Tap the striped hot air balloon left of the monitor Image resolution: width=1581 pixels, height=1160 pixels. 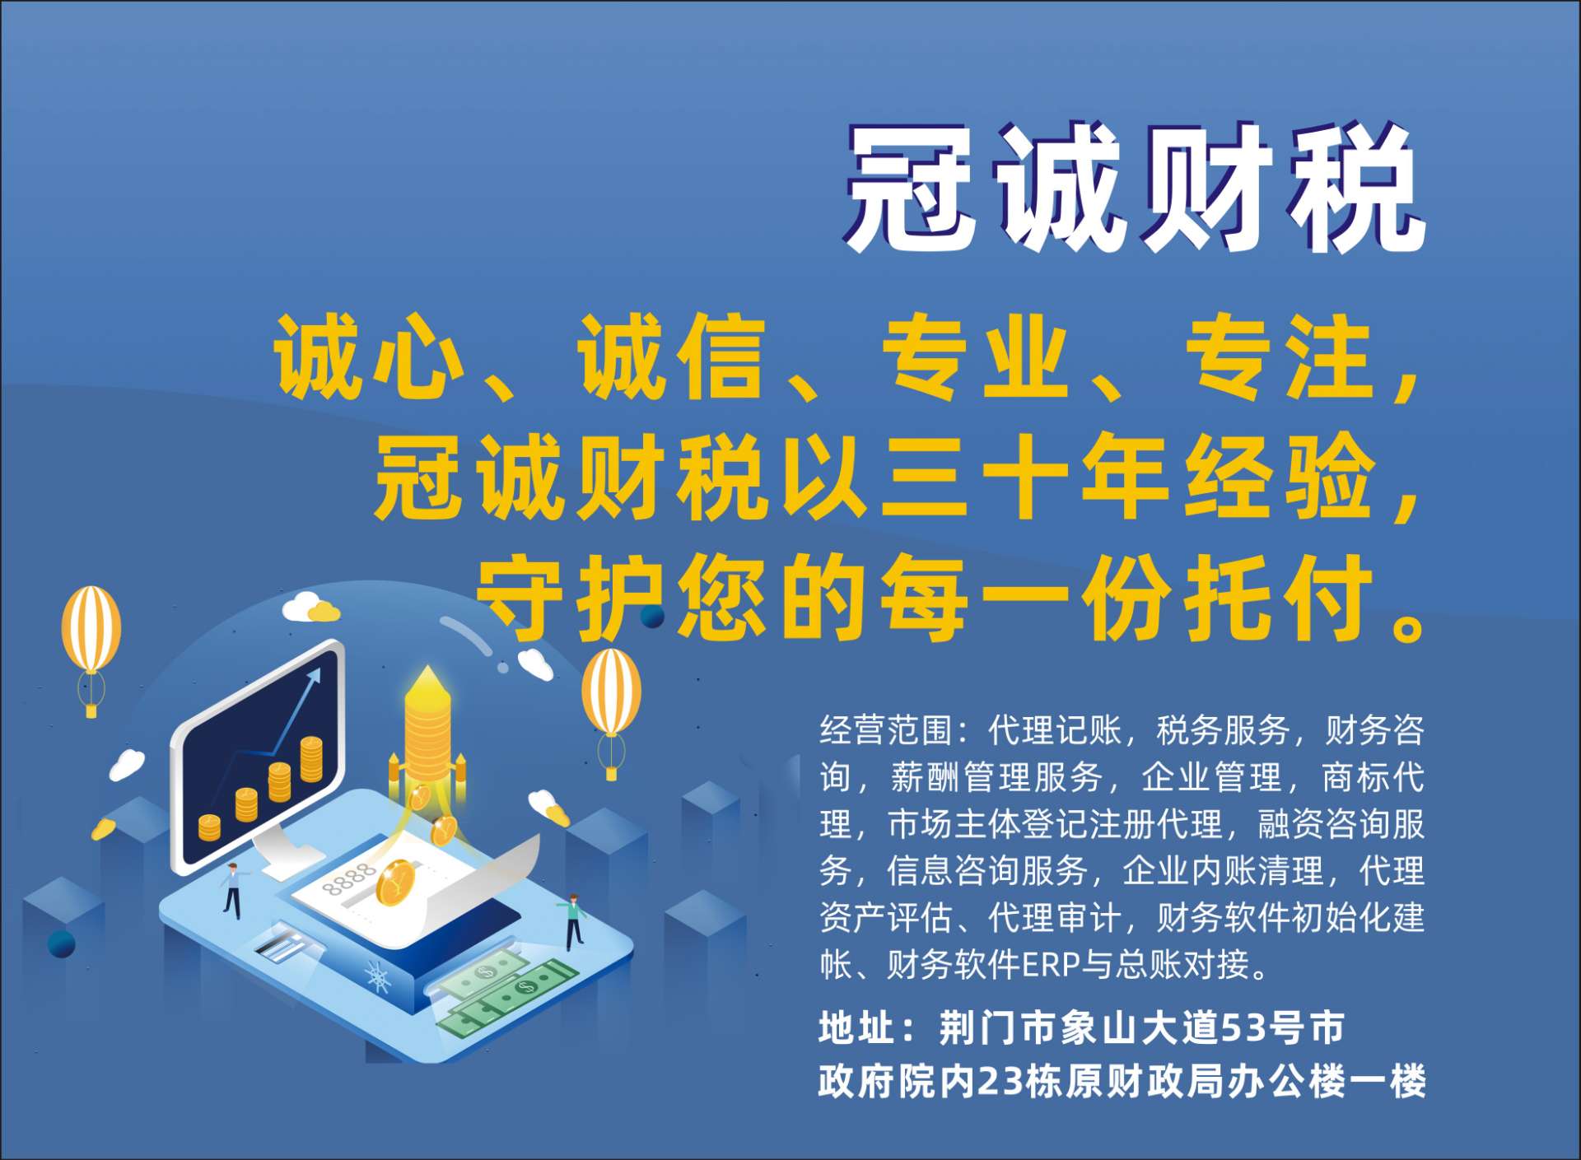tap(91, 646)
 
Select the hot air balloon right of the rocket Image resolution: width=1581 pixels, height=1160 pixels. tap(611, 708)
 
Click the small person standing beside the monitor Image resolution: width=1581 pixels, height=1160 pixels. tap(233, 889)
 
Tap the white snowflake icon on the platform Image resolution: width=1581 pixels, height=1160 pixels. tap(377, 977)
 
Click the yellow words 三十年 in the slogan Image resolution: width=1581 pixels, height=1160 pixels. tap(1026, 477)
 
